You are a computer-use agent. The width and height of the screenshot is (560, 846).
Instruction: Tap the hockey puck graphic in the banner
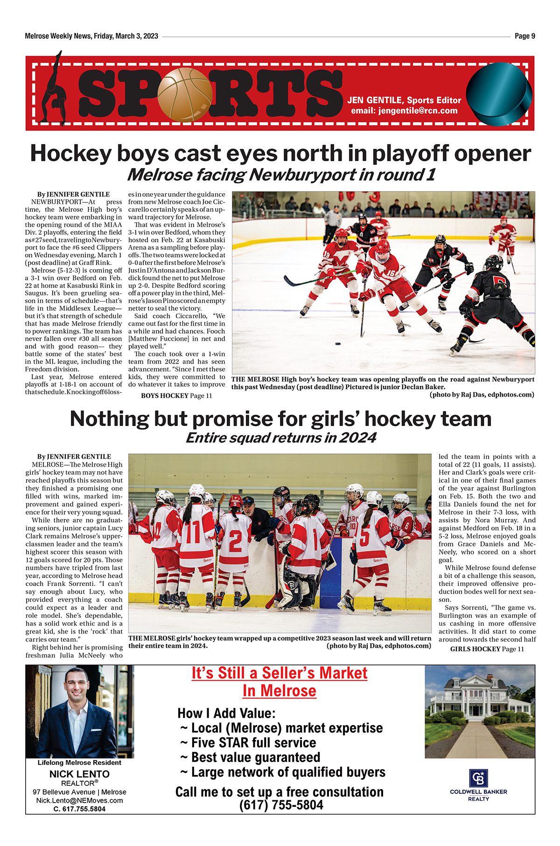pos(499,93)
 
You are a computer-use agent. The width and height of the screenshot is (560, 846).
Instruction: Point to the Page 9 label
pos(525,36)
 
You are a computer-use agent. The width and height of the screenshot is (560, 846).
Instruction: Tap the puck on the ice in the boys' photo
pos(338,344)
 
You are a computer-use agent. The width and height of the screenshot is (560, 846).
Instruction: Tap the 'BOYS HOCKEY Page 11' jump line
pos(176,396)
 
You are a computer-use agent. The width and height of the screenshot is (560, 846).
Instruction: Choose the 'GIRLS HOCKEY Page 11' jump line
pos(487,649)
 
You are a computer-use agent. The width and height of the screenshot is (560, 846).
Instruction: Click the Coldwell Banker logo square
pos(478,778)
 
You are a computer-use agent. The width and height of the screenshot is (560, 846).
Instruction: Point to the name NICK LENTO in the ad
pos(79,774)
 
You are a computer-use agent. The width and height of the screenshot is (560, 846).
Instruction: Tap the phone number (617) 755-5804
pos(281,805)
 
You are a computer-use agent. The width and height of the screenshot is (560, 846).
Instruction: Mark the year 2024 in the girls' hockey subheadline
pos(357,438)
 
